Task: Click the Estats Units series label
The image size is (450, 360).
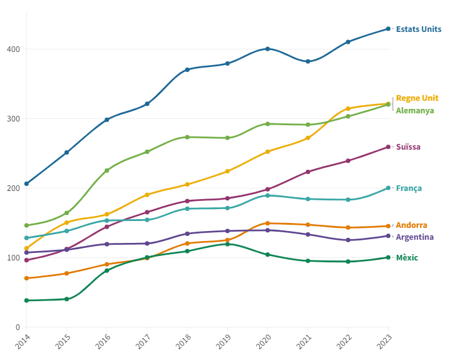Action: (x=418, y=29)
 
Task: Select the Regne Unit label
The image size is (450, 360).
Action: (x=417, y=98)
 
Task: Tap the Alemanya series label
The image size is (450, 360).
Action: (x=415, y=111)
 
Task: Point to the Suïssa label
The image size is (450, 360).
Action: (x=408, y=147)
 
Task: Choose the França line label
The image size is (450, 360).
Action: (x=409, y=188)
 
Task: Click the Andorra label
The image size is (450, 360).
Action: (x=411, y=225)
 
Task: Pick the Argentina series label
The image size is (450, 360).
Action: (x=414, y=237)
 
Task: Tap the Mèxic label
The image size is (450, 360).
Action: (x=407, y=258)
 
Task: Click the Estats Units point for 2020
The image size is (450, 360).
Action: (x=268, y=49)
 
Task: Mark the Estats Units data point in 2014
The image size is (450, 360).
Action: (x=26, y=184)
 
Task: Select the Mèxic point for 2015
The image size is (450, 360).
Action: (x=66, y=299)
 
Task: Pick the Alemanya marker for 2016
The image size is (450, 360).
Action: (x=106, y=170)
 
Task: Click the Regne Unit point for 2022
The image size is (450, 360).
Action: (x=348, y=109)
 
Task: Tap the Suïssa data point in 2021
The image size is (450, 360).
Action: (x=308, y=172)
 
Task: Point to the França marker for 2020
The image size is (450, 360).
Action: (x=268, y=195)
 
